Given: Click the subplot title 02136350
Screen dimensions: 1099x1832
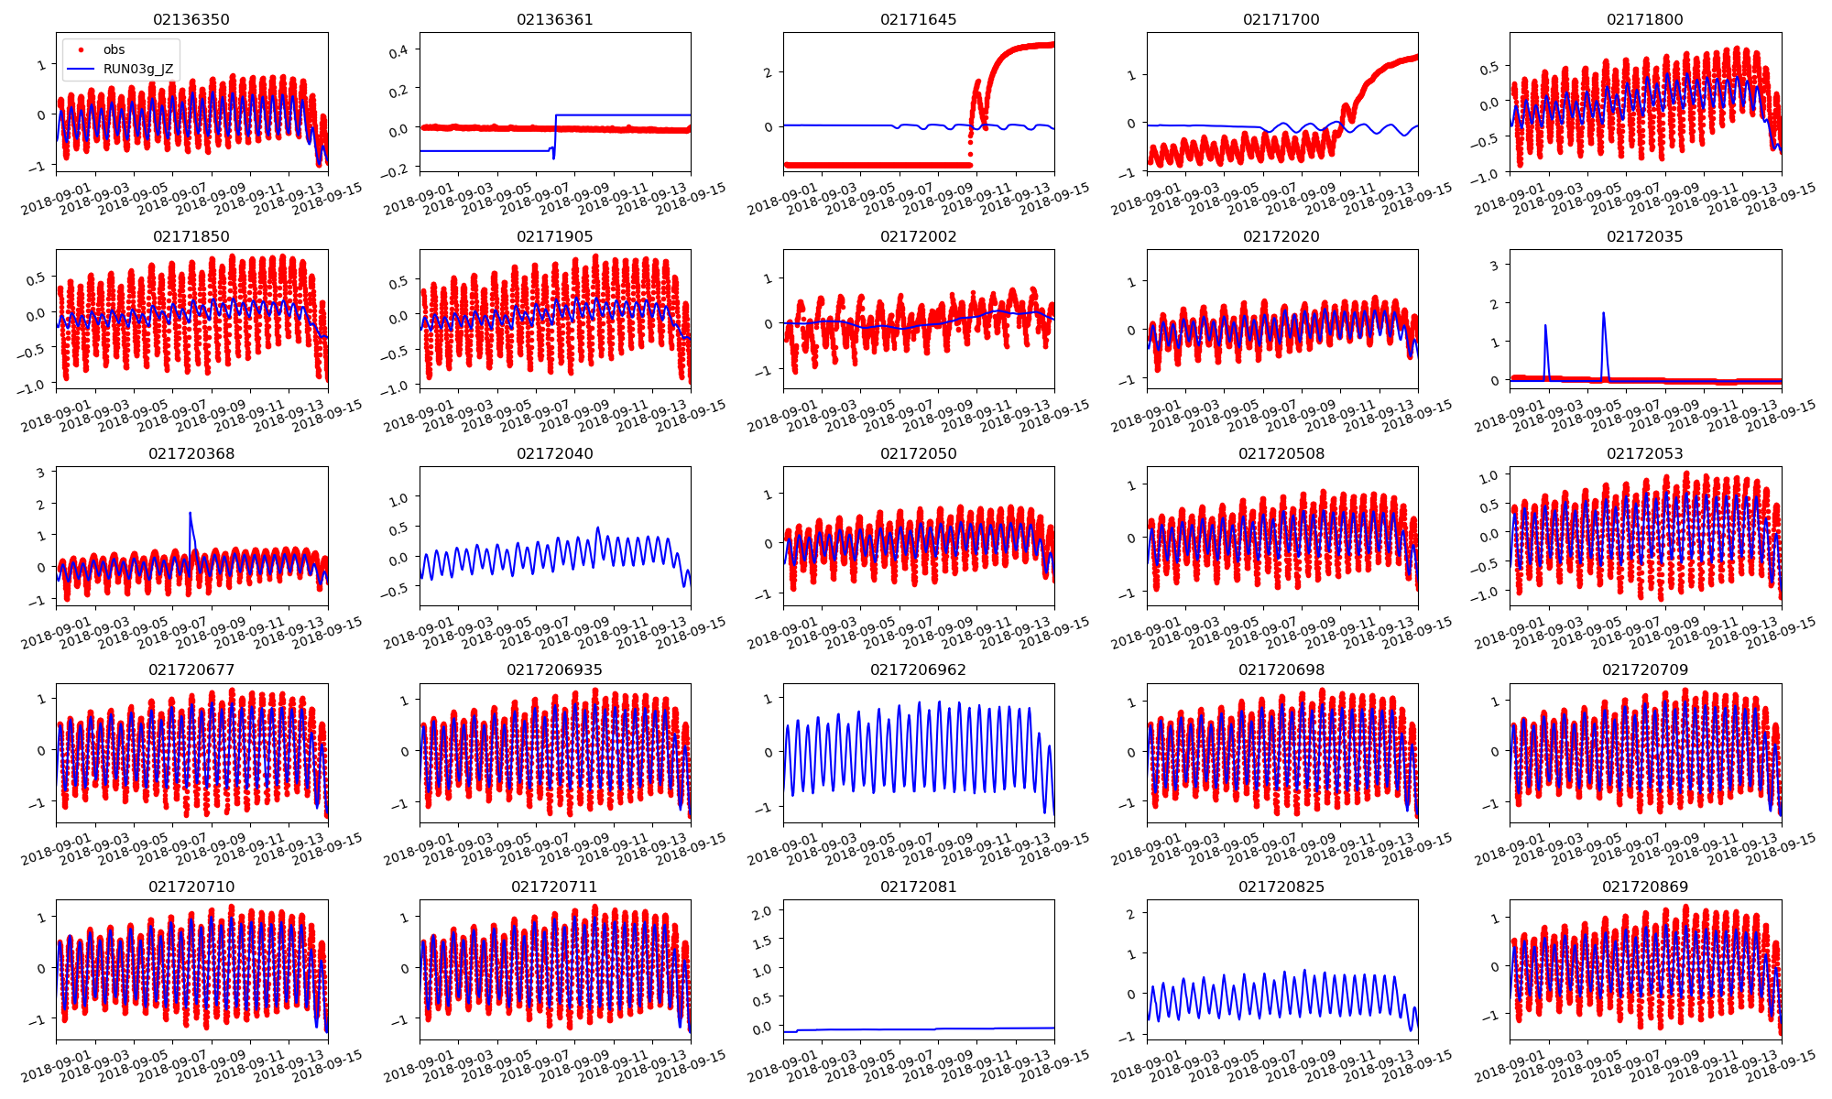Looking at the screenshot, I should point(191,19).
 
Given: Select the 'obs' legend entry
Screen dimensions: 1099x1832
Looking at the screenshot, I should point(114,49).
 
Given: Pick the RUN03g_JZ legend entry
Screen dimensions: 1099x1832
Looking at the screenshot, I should point(137,69).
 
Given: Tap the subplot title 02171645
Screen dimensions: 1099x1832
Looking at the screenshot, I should point(918,19).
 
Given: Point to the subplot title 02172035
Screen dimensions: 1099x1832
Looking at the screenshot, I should point(1644,236).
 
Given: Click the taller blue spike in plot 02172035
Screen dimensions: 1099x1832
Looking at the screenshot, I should point(1603,314).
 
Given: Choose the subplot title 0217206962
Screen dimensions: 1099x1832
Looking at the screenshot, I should point(918,669).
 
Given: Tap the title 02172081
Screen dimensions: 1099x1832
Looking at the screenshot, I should point(918,887).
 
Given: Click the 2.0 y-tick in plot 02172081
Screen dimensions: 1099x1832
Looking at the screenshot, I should point(761,910).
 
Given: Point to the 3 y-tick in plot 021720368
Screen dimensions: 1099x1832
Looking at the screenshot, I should point(40,473).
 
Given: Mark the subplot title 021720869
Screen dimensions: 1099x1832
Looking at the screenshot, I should point(1644,887).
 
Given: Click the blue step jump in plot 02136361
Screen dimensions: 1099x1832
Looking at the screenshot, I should point(555,133).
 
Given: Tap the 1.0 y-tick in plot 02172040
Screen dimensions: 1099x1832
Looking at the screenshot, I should point(398,498).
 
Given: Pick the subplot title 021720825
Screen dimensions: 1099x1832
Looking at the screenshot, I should point(1281,887).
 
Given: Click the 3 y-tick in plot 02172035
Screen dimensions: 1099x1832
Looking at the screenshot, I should point(1494,266).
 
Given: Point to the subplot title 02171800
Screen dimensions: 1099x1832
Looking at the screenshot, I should point(1644,19).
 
